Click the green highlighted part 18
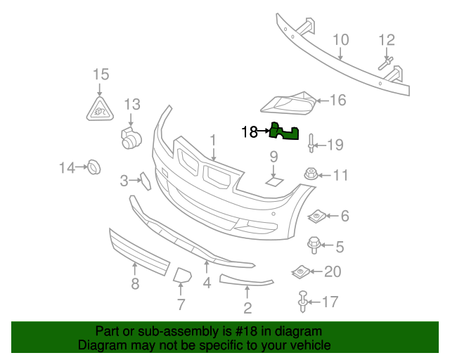(x=284, y=131)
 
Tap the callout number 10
(x=340, y=39)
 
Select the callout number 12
(x=387, y=39)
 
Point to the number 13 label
(x=132, y=105)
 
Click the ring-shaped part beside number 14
(x=92, y=167)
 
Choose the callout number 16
(x=338, y=101)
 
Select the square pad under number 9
(x=273, y=182)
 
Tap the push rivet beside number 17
(x=303, y=302)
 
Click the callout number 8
(x=134, y=283)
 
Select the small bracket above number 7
(x=182, y=275)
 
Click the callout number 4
(x=207, y=283)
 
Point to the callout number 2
(x=247, y=307)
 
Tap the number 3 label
(x=124, y=181)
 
